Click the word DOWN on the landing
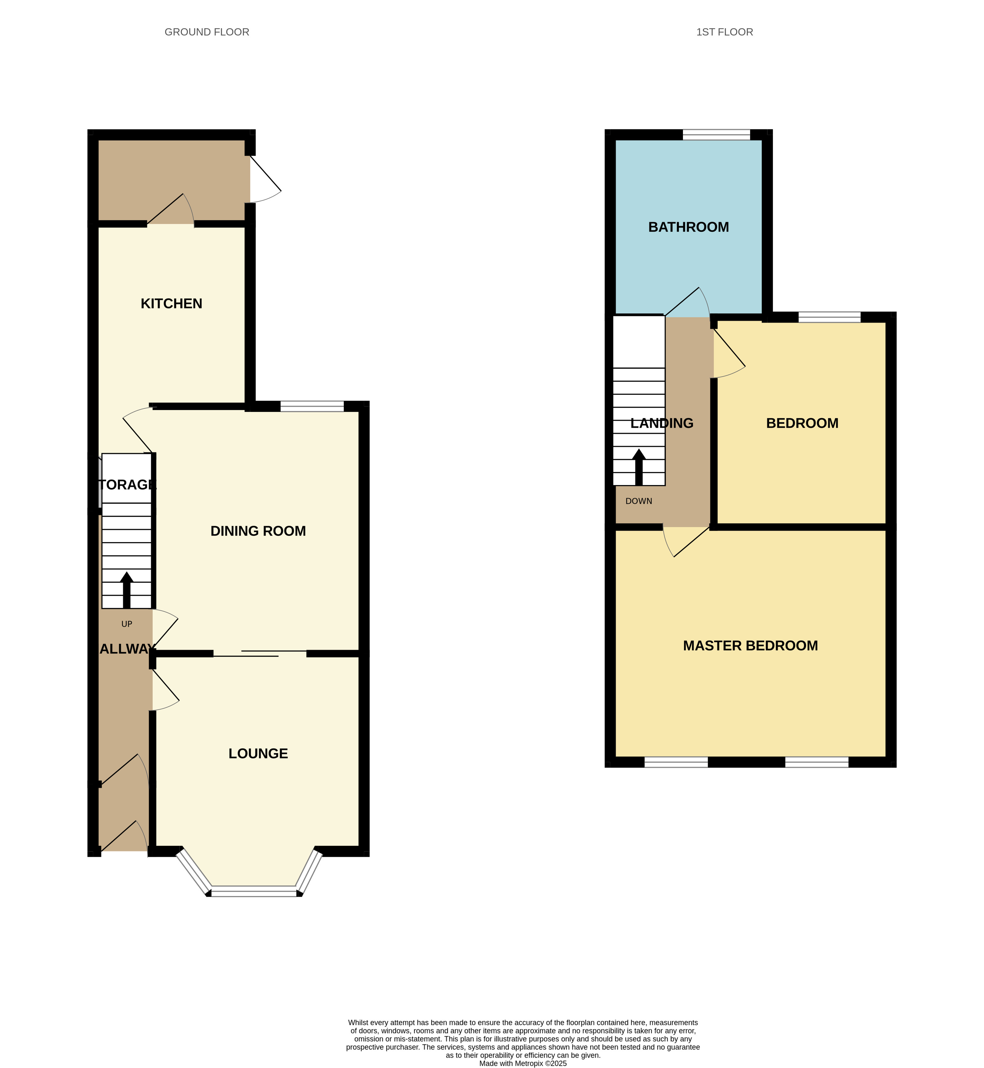click(x=638, y=501)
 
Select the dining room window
click(x=312, y=406)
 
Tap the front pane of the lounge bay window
click(x=254, y=891)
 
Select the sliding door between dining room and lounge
click(x=260, y=653)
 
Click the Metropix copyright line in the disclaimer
click(x=522, y=1063)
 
